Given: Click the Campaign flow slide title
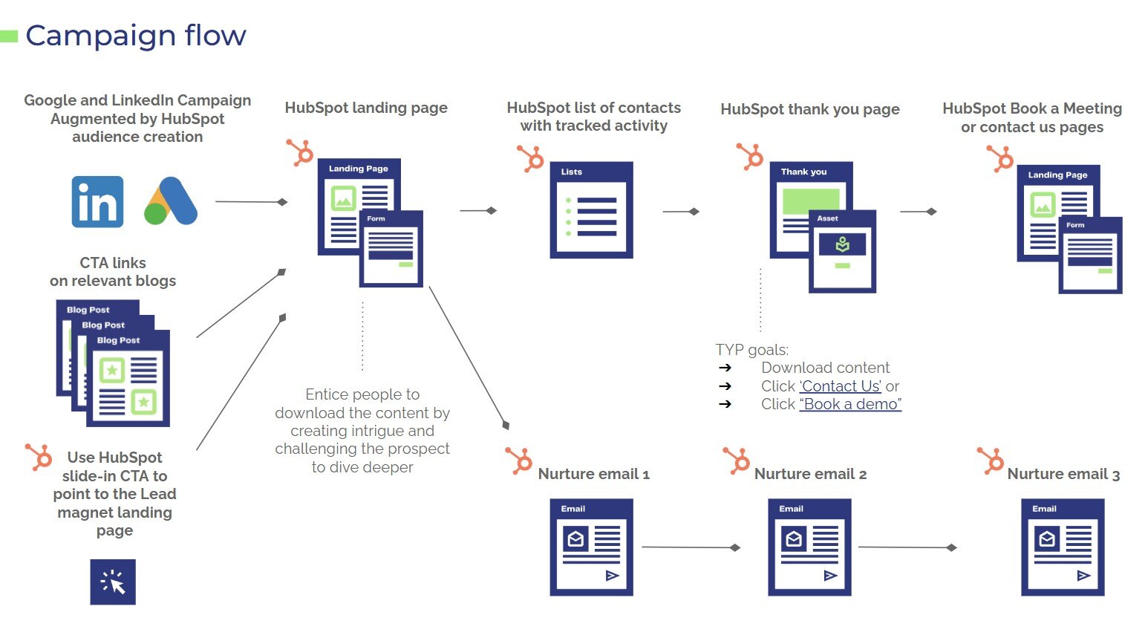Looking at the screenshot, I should (135, 36).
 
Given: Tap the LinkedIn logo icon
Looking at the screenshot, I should (97, 201).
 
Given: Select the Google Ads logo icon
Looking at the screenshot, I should (171, 201).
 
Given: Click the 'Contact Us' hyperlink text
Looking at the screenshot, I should (841, 386).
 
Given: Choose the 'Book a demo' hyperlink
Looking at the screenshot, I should (850, 405).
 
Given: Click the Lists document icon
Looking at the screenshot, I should (591, 210).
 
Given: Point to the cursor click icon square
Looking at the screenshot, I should (113, 582).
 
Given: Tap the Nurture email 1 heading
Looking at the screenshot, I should (593, 474).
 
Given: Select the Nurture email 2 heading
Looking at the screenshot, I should (810, 474).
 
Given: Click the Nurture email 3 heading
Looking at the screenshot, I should (1063, 474).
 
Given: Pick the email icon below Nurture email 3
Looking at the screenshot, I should (1063, 547).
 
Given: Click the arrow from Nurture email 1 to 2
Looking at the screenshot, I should (691, 547).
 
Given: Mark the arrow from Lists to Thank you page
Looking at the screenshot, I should (681, 212).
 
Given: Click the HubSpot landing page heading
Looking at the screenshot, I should (366, 108).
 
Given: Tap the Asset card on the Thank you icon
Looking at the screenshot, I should (842, 251).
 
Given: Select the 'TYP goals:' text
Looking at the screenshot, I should (751, 350).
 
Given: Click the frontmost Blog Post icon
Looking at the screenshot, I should (128, 379).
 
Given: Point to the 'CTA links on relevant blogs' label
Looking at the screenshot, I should (113, 272).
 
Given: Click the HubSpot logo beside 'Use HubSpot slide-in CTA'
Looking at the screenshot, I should (39, 456).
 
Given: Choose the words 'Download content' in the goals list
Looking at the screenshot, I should (825, 368).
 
